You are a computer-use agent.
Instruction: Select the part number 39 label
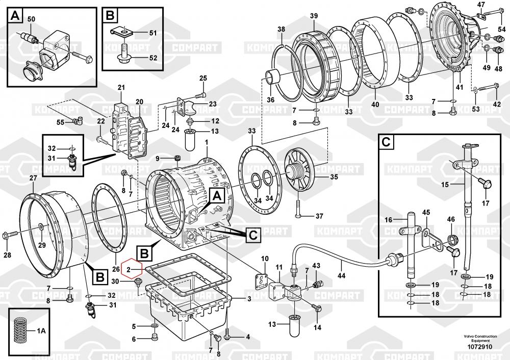click(x=314, y=16)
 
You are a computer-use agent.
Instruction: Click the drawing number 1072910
click(x=480, y=347)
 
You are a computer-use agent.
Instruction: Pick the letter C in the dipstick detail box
click(x=387, y=142)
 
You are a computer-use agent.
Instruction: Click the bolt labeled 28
click(x=10, y=234)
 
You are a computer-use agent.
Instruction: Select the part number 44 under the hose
click(x=341, y=276)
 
